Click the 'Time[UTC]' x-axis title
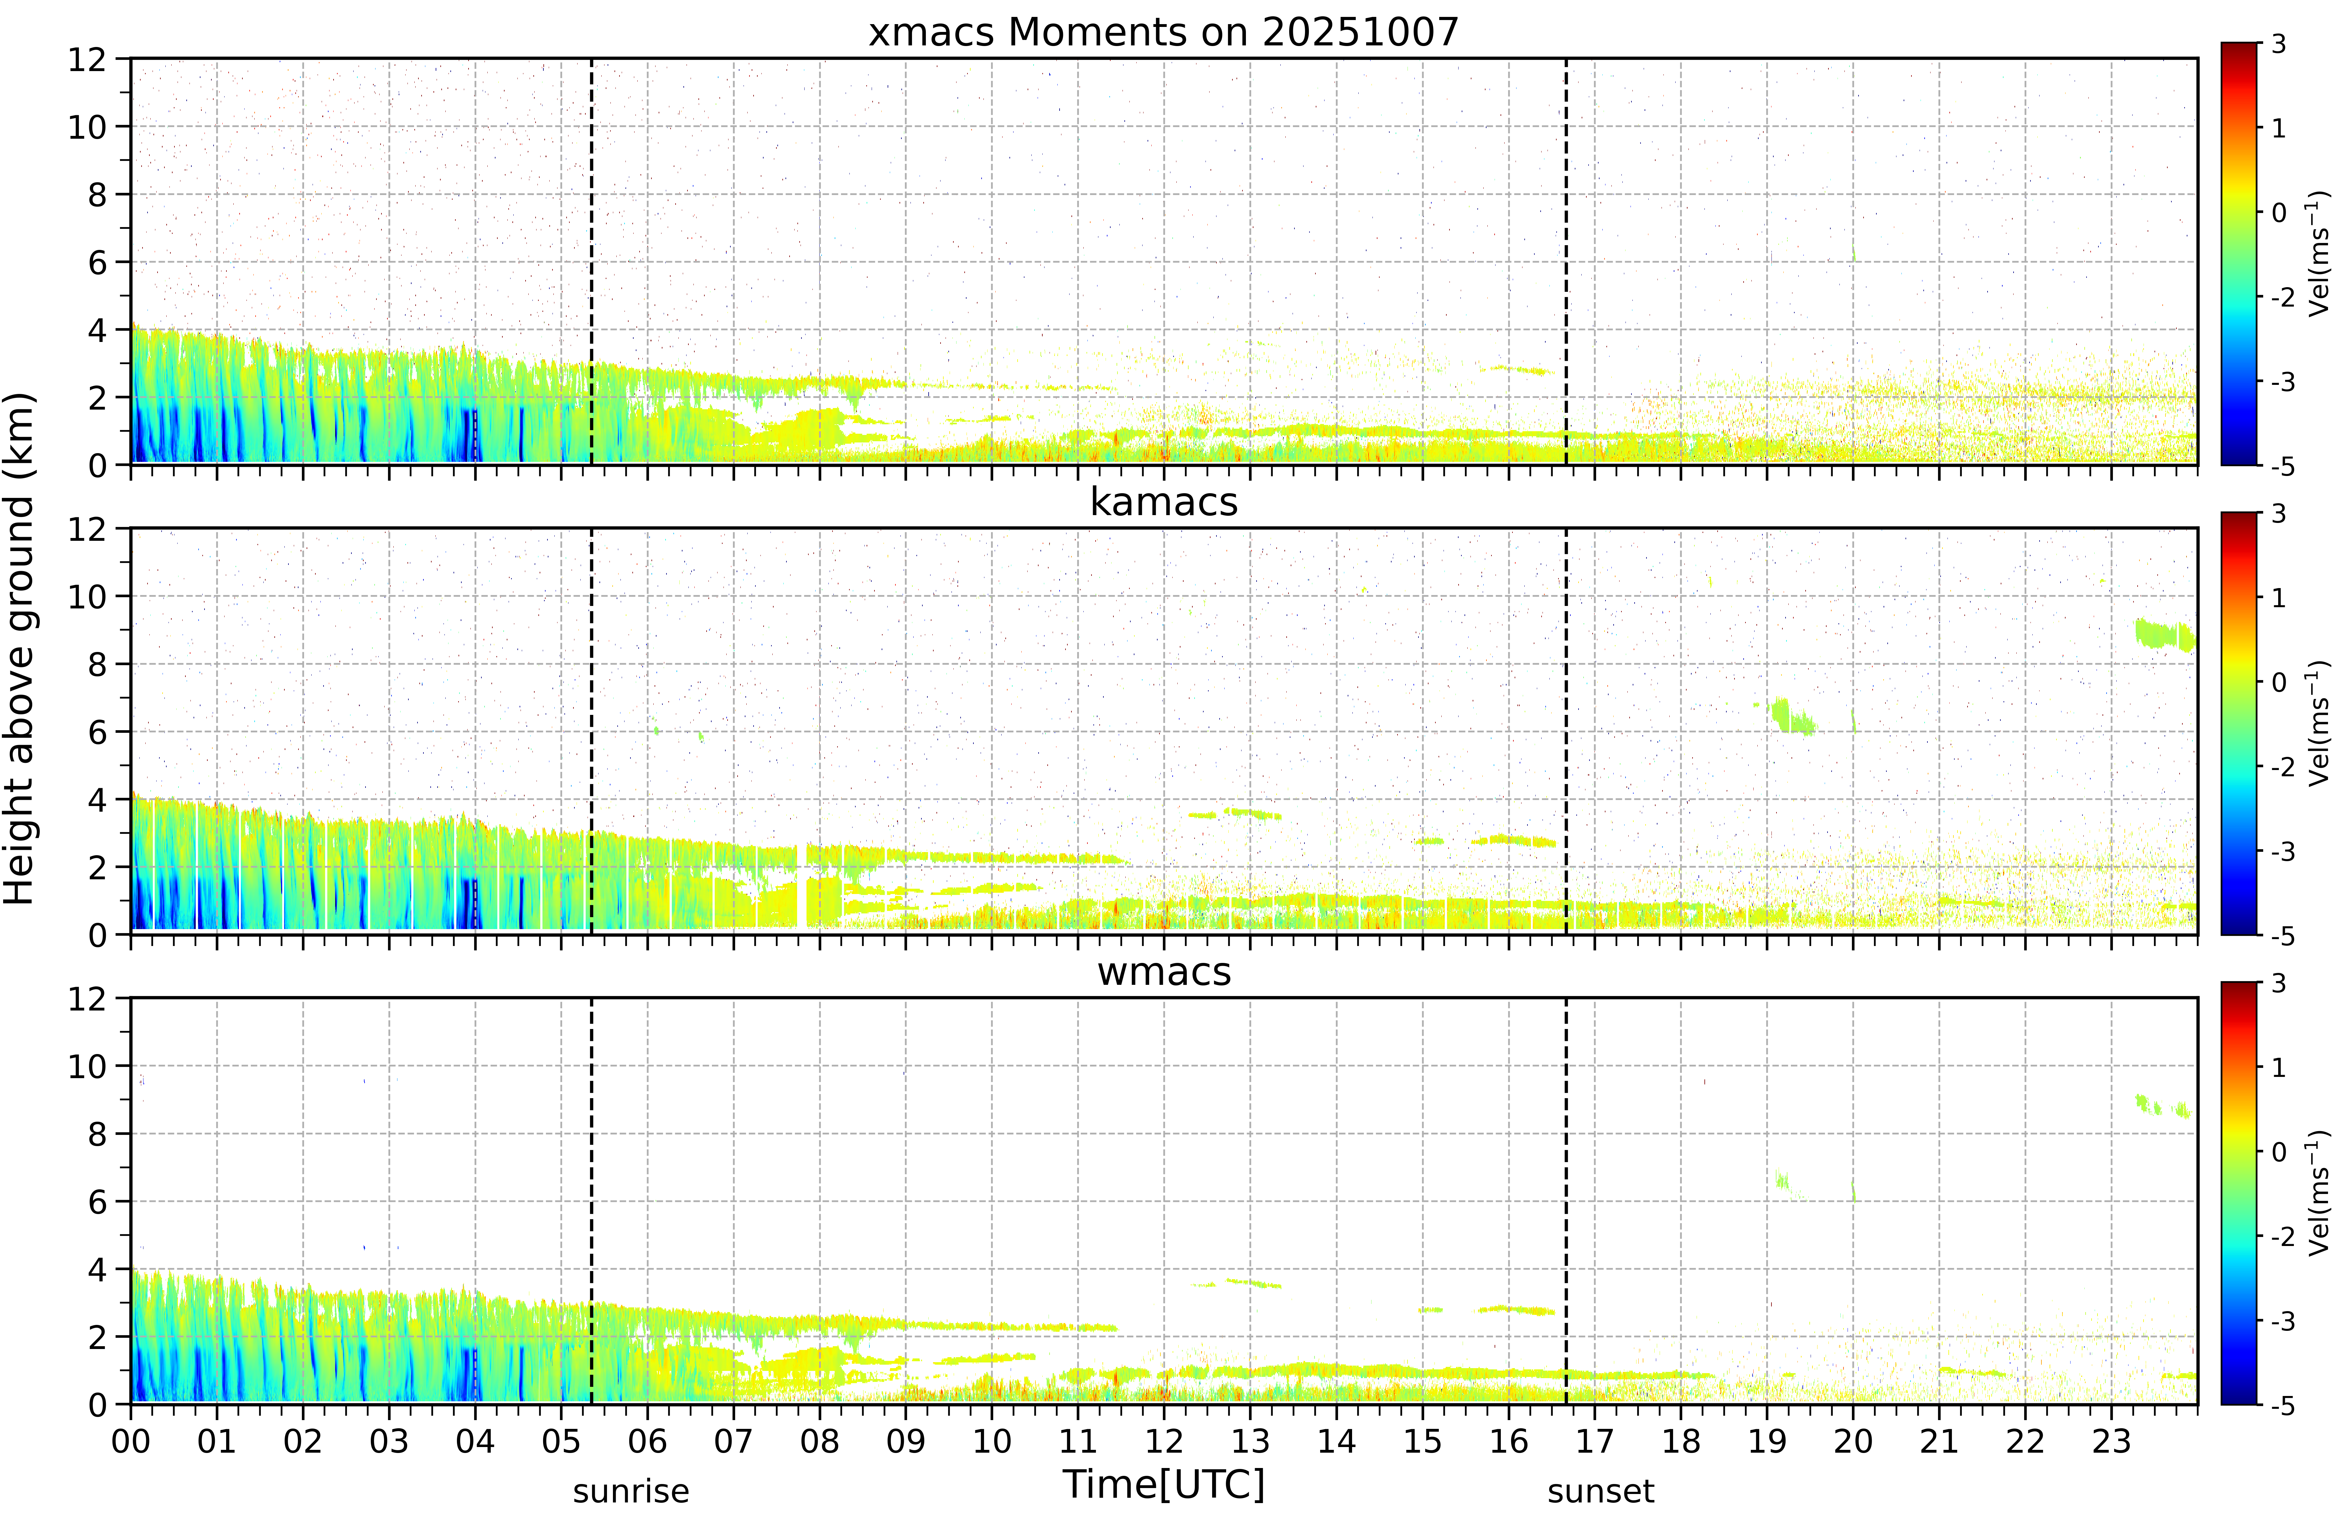coord(1164,1484)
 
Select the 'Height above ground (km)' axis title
coord(20,649)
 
